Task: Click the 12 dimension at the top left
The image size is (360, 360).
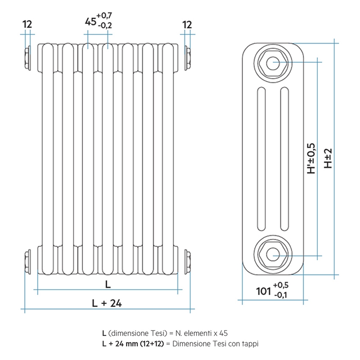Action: pyautogui.click(x=27, y=25)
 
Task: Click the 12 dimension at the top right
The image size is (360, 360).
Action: pyautogui.click(x=187, y=25)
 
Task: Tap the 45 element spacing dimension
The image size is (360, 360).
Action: pyautogui.click(x=90, y=22)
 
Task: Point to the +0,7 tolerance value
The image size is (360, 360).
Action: pyautogui.click(x=104, y=16)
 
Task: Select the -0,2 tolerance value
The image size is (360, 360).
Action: pyautogui.click(x=104, y=26)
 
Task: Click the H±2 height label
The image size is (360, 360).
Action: pyautogui.click(x=328, y=158)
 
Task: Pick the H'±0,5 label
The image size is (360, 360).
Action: pyautogui.click(x=311, y=158)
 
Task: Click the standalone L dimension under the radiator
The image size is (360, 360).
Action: pyautogui.click(x=108, y=285)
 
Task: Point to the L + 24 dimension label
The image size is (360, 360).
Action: pyautogui.click(x=107, y=303)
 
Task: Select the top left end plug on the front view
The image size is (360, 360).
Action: pyautogui.click(x=28, y=57)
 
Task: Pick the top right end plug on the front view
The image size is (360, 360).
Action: pyautogui.click(x=187, y=57)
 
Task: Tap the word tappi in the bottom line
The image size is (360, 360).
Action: pyautogui.click(x=249, y=343)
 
